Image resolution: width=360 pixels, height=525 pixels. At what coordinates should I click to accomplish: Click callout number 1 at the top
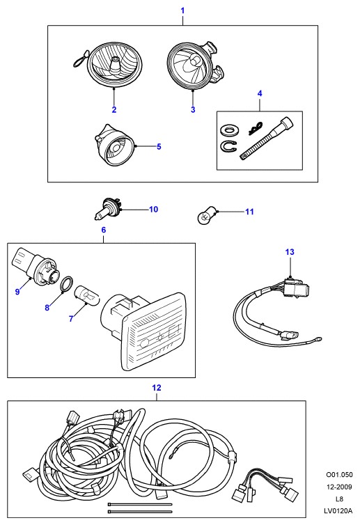click(x=182, y=10)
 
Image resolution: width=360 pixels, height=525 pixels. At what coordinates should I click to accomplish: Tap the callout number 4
click(x=260, y=93)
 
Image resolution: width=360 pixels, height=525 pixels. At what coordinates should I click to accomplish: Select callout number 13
click(x=290, y=252)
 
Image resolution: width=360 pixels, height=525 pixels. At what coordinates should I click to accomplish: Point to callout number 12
click(x=157, y=388)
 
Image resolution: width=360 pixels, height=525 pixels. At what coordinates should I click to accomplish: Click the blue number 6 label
click(x=104, y=230)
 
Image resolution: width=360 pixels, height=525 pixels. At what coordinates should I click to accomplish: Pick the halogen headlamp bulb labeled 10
click(x=107, y=210)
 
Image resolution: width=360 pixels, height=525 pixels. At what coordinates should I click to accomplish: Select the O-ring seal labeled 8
click(x=67, y=284)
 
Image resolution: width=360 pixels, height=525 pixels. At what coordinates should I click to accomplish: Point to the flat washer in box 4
click(x=230, y=130)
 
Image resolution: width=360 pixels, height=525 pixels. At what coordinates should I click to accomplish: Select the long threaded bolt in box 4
click(x=267, y=138)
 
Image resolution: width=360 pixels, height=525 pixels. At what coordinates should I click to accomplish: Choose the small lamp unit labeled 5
click(x=115, y=145)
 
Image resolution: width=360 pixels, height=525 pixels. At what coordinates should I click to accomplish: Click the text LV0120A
click(x=338, y=510)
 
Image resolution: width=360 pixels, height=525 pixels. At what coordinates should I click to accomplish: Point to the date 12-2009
click(x=339, y=487)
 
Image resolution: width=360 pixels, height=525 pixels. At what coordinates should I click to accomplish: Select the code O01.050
click(x=339, y=474)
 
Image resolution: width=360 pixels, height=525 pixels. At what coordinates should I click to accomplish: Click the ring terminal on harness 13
click(x=318, y=339)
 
